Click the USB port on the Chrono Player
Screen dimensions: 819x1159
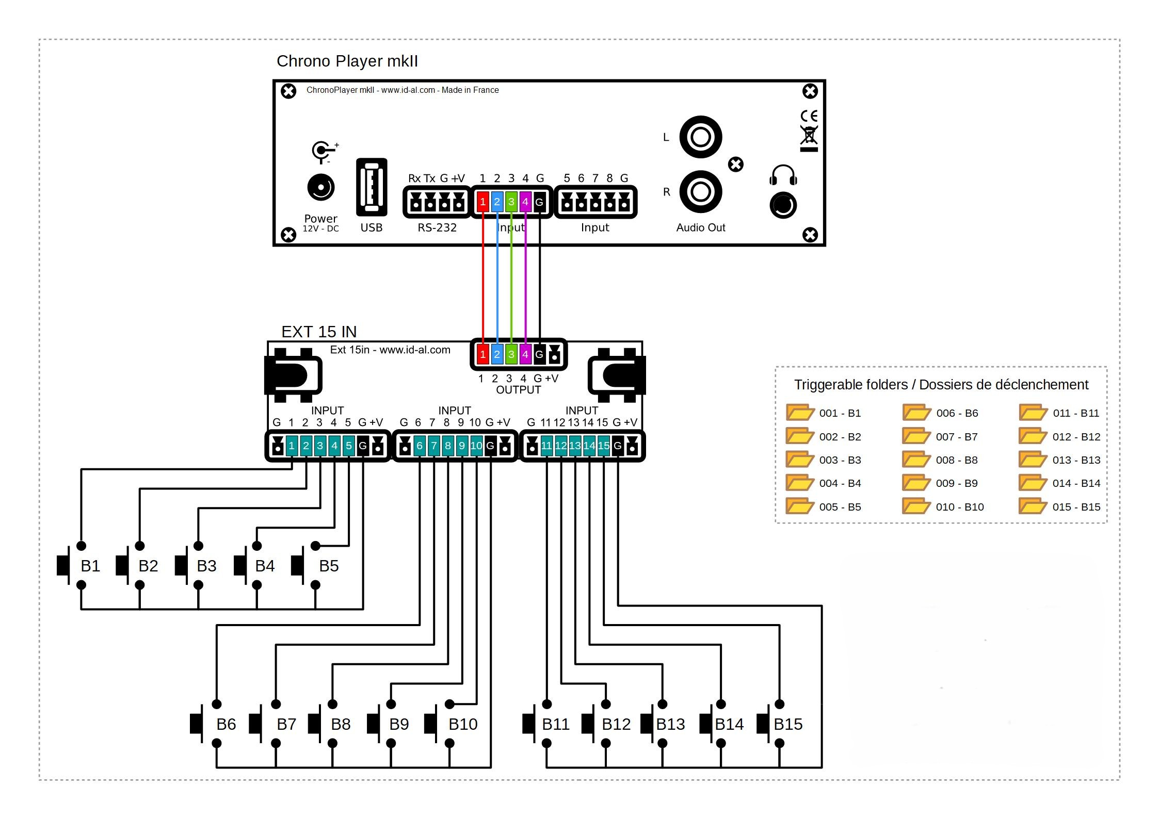pos(372,187)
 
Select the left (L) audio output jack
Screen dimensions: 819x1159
pos(700,137)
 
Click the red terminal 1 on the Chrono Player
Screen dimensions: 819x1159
pos(482,202)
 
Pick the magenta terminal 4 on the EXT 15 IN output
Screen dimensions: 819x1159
pos(525,354)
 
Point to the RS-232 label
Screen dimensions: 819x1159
pos(437,227)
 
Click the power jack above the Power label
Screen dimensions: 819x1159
pos(320,187)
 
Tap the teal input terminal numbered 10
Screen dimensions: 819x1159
pos(476,446)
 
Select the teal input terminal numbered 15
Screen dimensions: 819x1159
pos(603,446)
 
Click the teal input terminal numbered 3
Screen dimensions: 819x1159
pos(320,446)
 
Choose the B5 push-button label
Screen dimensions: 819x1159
pos(329,566)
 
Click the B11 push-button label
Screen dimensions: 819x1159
pos(556,724)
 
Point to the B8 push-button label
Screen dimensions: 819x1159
pos(341,724)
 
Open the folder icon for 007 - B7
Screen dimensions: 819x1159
pos(916,436)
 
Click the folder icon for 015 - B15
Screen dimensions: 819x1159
pos(1033,506)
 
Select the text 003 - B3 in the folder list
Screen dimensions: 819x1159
pos(840,460)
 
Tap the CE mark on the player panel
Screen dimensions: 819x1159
pos(809,116)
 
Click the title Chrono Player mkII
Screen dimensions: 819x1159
pos(347,61)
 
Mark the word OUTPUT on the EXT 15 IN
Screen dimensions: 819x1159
pos(518,390)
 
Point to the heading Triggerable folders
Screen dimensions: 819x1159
pos(941,385)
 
